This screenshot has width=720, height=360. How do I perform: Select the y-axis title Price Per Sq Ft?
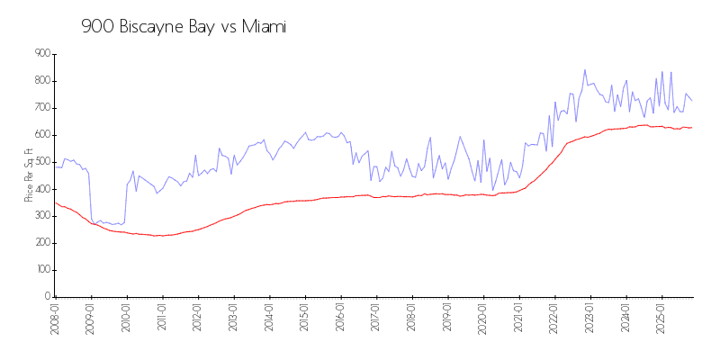29,175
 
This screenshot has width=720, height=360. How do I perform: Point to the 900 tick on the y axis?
41,54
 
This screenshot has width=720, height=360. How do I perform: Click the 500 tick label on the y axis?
41,162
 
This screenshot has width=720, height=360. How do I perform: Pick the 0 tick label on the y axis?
47,297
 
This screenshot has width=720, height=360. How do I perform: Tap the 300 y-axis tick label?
41,216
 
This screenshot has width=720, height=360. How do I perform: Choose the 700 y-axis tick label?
41,108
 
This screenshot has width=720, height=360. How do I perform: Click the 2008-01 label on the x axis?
55,319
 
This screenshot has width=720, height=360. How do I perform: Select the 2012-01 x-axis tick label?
197,319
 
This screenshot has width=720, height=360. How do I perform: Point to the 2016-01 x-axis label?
340,319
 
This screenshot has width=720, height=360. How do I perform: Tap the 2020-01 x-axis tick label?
483,319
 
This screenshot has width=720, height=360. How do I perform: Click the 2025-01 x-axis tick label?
661,319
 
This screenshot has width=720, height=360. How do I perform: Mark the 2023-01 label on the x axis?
590,319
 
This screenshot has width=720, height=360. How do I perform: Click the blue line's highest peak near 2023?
585,70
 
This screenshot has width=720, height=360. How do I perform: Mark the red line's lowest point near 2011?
158,236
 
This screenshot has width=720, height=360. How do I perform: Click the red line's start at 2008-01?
55,202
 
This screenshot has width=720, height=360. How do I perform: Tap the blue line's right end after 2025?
691,100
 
